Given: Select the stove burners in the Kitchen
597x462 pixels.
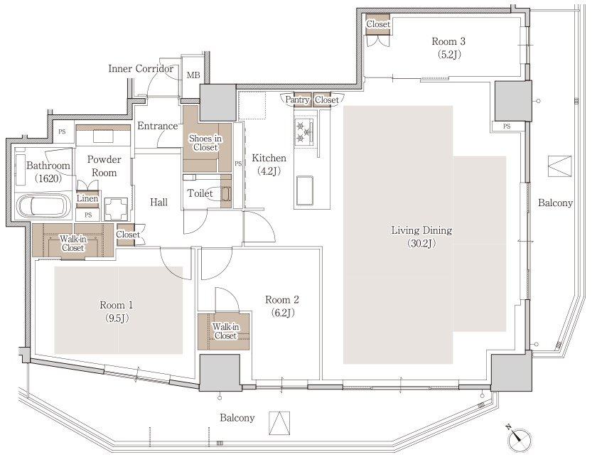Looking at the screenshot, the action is [x=304, y=131].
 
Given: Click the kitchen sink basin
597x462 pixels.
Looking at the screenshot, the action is [x=305, y=190].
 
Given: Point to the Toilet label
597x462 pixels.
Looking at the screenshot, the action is [x=200, y=193].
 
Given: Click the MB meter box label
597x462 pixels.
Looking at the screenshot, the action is [x=193, y=75].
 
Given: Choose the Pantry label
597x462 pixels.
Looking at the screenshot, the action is [x=297, y=100].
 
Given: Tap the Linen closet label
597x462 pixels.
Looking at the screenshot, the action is [x=87, y=198].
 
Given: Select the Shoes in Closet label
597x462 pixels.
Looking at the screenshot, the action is [x=205, y=143].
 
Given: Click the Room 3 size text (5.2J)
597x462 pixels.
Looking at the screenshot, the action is [x=448, y=55].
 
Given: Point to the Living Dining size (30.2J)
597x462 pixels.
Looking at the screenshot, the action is [x=421, y=243].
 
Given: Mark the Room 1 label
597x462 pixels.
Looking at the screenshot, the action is [x=117, y=305].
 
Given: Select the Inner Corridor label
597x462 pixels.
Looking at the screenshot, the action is [x=141, y=68].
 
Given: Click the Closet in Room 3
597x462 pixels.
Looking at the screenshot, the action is [x=378, y=24].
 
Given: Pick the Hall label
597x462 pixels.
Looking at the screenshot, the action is [x=158, y=202].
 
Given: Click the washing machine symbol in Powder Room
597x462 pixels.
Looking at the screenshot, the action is [x=116, y=209].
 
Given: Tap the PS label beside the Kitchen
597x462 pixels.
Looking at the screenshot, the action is [x=238, y=163].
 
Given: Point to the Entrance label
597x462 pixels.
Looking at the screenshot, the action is [x=158, y=126].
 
